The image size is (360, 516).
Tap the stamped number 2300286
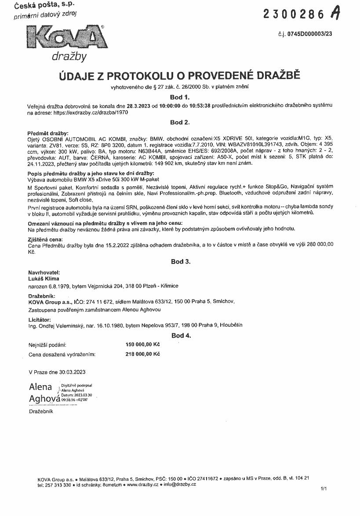tap(294, 14)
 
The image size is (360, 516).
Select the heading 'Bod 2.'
tap(180, 122)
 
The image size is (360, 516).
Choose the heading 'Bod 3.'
tap(180, 262)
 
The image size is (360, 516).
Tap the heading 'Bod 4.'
tap(180, 336)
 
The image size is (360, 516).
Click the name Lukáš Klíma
tap(44, 278)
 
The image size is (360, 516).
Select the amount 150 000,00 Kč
tap(142, 345)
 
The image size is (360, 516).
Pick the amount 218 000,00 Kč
tap(142, 354)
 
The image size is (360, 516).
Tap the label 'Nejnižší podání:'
tap(47, 345)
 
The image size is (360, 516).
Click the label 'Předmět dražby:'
tap(48, 132)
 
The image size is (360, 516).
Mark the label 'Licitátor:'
tap(40, 319)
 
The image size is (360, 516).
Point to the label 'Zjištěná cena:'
tap(45, 239)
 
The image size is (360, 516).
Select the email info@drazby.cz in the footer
tap(179, 484)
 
